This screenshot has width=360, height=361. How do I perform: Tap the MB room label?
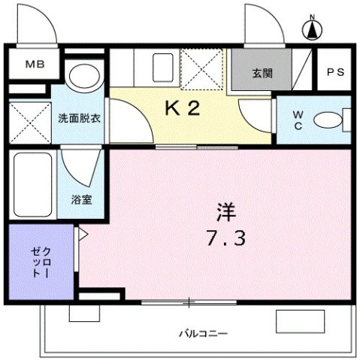point(35,65)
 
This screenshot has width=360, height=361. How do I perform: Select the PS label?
point(336,72)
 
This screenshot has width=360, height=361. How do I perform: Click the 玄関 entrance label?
point(262,74)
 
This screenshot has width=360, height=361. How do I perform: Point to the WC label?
point(298,121)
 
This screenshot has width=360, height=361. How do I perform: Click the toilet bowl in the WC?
point(328,120)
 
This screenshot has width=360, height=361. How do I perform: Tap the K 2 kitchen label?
point(183,108)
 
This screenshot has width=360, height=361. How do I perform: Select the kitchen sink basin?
point(163,68)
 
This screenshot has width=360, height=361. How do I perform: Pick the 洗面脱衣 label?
point(80,118)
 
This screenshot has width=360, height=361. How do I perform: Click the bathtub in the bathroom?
point(33,184)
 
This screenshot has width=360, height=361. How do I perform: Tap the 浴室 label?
point(82,199)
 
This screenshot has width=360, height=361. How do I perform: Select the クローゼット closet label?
point(41,262)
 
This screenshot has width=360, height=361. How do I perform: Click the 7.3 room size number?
point(225,238)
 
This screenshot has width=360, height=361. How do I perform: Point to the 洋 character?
point(226,212)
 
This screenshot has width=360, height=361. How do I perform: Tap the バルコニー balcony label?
point(204,334)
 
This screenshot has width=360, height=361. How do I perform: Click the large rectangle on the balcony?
point(300,321)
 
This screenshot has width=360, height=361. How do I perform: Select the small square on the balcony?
point(84,313)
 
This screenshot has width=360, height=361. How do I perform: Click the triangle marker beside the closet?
point(83,235)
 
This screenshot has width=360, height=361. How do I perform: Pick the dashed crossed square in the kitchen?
point(201,69)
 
